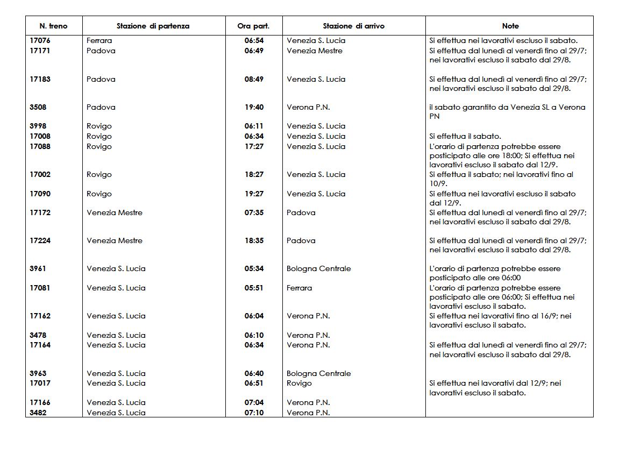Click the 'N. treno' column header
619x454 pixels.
tap(54, 26)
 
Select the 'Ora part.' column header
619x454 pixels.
tap(253, 26)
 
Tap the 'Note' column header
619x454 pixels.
tap(510, 26)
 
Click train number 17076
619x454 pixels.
tap(40, 40)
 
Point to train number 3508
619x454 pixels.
tap(38, 107)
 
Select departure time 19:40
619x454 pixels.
tap(254, 107)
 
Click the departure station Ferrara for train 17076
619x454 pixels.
tap(99, 40)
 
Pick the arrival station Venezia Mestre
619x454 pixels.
tap(314, 51)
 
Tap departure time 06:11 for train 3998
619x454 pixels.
tap(254, 126)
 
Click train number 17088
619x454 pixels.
tap(40, 146)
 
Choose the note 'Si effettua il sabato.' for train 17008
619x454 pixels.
tap(465, 136)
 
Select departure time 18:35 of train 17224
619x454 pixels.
tap(254, 240)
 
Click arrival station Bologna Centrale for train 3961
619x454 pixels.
tap(318, 268)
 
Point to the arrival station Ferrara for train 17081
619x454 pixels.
tap(299, 288)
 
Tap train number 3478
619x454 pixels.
tap(38, 335)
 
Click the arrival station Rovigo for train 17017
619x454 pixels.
tap(299, 383)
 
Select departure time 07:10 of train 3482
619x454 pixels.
tap(254, 413)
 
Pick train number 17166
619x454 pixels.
tap(40, 402)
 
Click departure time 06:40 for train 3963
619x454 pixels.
tap(254, 373)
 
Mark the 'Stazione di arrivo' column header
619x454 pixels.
tap(353, 26)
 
